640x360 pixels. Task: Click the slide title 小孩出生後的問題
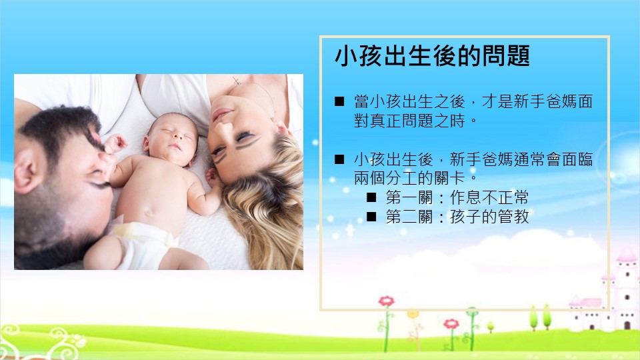[432, 56]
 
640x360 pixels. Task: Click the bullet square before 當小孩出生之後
[339, 101]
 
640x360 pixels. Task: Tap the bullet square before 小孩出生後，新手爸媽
[339, 159]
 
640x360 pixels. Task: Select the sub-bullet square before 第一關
[371, 197]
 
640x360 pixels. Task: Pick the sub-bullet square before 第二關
[371, 216]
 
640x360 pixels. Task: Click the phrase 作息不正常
[489, 197]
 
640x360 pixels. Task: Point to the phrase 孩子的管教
[489, 216]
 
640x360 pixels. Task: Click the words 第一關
[409, 197]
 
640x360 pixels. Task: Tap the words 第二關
[409, 216]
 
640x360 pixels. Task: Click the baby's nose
[176, 139]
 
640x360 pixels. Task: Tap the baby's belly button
[149, 211]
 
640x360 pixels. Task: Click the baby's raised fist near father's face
[116, 143]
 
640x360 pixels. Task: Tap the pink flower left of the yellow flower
[386, 301]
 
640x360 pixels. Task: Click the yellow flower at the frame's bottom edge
[413, 314]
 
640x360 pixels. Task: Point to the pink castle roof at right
[626, 255]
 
